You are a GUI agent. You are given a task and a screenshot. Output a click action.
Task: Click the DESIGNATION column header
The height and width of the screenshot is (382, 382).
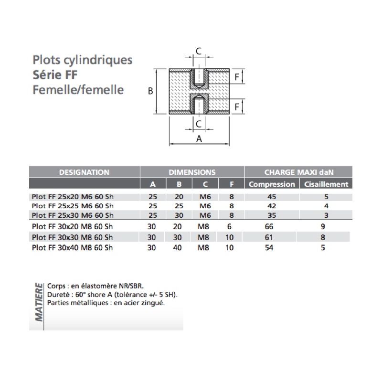click(84, 172)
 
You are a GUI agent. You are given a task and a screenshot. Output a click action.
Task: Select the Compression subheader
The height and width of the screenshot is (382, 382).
click(272, 184)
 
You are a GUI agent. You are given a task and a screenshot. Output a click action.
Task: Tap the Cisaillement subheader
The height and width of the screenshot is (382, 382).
click(326, 184)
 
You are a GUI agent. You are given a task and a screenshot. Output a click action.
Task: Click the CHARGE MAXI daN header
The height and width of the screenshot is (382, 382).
click(299, 172)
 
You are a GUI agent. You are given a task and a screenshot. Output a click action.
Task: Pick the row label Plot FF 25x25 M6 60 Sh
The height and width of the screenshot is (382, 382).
click(73, 206)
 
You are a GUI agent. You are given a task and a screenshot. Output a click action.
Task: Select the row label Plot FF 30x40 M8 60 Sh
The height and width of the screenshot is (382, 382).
click(73, 247)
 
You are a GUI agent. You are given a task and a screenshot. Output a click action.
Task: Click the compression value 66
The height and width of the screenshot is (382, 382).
click(269, 226)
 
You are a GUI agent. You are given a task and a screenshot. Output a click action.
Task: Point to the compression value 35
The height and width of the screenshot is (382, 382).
click(272, 215)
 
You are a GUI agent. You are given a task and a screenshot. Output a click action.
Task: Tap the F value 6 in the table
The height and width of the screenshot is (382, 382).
click(229, 226)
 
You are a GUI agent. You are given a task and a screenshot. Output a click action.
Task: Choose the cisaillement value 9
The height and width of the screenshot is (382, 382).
click(323, 226)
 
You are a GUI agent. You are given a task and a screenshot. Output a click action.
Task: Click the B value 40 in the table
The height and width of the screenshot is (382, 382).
click(177, 247)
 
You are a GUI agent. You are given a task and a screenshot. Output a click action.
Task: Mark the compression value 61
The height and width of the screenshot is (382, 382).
click(269, 237)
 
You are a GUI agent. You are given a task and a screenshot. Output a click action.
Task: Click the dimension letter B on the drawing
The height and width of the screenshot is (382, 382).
click(150, 91)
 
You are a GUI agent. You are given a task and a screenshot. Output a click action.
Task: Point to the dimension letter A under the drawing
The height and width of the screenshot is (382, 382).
click(199, 139)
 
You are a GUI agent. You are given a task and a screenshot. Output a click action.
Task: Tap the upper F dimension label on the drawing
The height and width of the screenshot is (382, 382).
click(236, 77)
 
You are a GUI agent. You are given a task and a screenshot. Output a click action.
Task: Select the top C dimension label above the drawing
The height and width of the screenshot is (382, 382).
click(199, 51)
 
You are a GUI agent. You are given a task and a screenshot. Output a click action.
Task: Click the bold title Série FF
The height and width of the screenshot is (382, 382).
click(55, 75)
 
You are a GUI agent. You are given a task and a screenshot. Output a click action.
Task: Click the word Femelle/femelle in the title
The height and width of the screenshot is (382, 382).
click(78, 90)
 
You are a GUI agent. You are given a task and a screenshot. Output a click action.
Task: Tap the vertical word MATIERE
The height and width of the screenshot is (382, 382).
click(39, 302)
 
